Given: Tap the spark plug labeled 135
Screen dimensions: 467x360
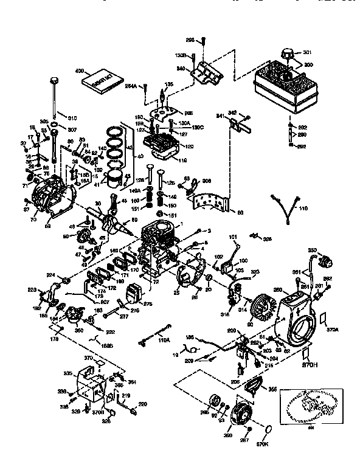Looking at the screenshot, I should [162, 96].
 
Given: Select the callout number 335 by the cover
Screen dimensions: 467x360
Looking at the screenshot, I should [69, 372].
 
